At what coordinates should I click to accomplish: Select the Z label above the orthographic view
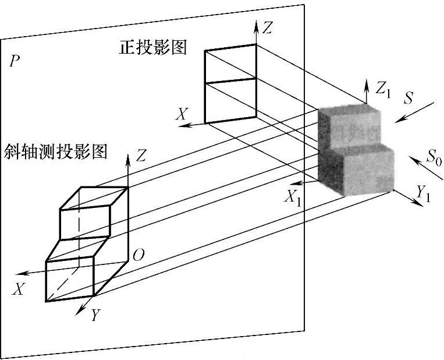click(x=267, y=27)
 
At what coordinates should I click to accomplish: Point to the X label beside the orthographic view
click(x=183, y=115)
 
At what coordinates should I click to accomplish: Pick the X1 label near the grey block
click(x=293, y=196)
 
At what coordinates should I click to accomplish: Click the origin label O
click(x=138, y=255)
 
